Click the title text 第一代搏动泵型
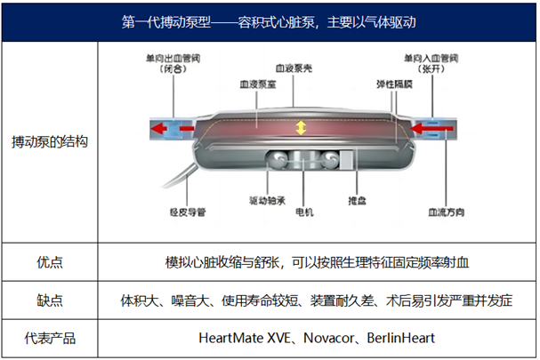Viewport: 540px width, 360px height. tap(165, 21)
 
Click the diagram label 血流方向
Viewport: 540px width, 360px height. tap(443, 212)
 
